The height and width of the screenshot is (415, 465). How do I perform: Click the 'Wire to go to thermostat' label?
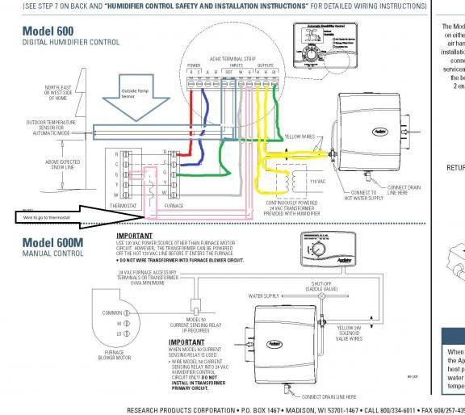(50, 216)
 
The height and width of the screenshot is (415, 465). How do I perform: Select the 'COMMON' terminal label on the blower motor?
(110, 312)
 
